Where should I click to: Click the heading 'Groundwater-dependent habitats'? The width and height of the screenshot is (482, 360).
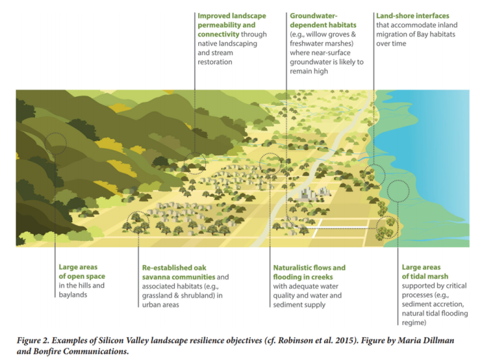pyautogui.click(x=323, y=20)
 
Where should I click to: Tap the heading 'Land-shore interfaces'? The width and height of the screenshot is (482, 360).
pyautogui.click(x=412, y=16)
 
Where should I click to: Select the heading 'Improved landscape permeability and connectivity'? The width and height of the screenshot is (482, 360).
pyautogui.click(x=232, y=25)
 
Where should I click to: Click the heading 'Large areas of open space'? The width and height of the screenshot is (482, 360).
pyautogui.click(x=82, y=271)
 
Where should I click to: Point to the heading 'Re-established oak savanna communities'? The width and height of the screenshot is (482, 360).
pyautogui.click(x=178, y=272)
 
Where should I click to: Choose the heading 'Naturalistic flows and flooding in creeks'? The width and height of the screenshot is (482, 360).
pyautogui.click(x=309, y=272)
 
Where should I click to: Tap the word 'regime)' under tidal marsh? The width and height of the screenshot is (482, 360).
pyautogui.click(x=414, y=323)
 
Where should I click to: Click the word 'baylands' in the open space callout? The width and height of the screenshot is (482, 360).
pyautogui.click(x=73, y=295)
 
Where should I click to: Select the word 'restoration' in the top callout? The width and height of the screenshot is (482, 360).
pyautogui.click(x=215, y=62)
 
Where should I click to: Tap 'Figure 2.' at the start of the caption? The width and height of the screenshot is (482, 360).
pyautogui.click(x=33, y=340)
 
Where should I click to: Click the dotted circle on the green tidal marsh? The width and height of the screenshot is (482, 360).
pyautogui.click(x=398, y=191)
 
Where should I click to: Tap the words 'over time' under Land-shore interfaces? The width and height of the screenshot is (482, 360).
pyautogui.click(x=391, y=43)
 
